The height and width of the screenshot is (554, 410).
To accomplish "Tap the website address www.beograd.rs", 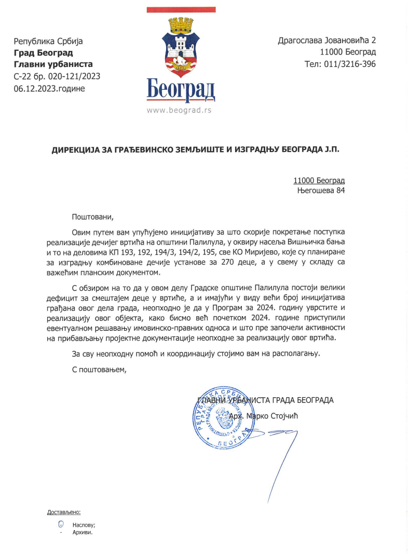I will point(179,110).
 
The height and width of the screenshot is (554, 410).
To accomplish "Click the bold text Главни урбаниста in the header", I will point(53,64).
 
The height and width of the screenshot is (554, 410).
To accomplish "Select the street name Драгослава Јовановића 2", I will point(327,40).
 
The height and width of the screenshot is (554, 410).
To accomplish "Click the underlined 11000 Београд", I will point(319,181).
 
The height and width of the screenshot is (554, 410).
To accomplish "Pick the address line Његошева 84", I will point(321,191).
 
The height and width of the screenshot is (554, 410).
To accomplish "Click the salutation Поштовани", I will point(92,217).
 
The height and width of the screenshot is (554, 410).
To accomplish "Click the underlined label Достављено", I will point(64,512).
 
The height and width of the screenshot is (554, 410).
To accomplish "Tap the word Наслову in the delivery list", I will point(84,525).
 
